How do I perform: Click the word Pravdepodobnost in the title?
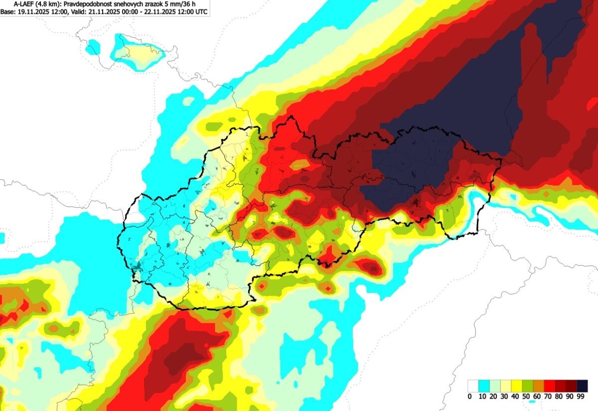(x=89, y=3)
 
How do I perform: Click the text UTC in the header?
(x=201, y=10)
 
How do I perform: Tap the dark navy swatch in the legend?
(x=582, y=386)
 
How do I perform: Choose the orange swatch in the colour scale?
(x=539, y=386)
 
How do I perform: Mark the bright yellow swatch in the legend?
(x=517, y=386)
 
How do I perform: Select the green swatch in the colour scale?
(x=528, y=386)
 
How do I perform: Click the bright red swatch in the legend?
(x=550, y=386)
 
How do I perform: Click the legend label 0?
(x=469, y=397)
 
